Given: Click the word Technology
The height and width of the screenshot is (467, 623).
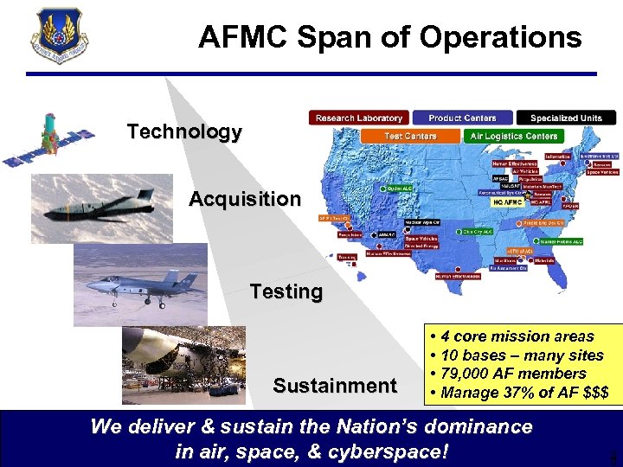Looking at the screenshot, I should tap(184, 132).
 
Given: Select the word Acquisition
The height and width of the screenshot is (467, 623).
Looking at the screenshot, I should tap(245, 199).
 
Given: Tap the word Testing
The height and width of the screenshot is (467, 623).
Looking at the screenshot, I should tap(286, 291).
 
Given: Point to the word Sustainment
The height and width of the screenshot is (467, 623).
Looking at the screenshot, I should tap(335, 386).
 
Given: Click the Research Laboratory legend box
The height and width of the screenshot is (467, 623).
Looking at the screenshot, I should tap(359, 118).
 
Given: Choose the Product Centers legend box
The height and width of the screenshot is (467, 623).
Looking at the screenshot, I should tap(462, 118).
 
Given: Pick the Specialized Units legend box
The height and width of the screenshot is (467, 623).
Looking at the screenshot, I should tap(566, 118).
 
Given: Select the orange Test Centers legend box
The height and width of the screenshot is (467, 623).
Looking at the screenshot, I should tap(410, 136).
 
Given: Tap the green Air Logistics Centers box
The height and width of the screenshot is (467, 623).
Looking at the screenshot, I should tap(514, 136).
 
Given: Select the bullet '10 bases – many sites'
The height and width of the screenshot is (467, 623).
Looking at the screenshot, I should tap(522, 355).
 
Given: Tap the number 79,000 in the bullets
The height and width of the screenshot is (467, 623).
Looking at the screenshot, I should tap(468, 374).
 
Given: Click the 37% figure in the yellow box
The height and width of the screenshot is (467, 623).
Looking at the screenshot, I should tap(514, 393).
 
